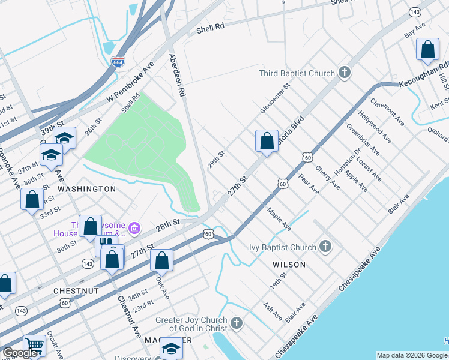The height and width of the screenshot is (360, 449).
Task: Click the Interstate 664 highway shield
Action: [x=118, y=61]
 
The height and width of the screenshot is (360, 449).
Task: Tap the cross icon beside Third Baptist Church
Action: [x=344, y=73]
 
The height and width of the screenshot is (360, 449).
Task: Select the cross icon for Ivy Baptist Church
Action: [x=325, y=247]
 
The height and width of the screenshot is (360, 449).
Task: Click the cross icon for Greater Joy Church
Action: [x=237, y=324]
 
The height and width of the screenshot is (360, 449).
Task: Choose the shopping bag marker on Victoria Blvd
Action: [x=267, y=141]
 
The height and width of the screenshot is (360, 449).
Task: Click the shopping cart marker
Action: [x=34, y=346]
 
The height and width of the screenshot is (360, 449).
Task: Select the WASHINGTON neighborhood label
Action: [x=86, y=189]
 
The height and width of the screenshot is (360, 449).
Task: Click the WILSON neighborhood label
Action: [x=289, y=264]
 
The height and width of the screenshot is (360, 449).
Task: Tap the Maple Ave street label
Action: [x=279, y=220]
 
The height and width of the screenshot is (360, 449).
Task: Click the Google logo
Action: [x=20, y=353]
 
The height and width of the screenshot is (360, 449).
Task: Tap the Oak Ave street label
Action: [x=161, y=287]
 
